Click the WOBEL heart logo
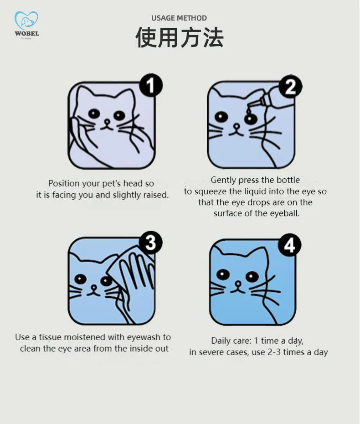tap(26, 21)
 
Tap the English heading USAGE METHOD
tap(179, 18)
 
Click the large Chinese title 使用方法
tap(180, 37)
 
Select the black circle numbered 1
tap(151, 85)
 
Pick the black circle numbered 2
tap(290, 87)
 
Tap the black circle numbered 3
tap(150, 243)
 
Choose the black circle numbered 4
tap(289, 245)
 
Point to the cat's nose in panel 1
tap(107, 122)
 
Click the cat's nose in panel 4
tap(238, 284)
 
